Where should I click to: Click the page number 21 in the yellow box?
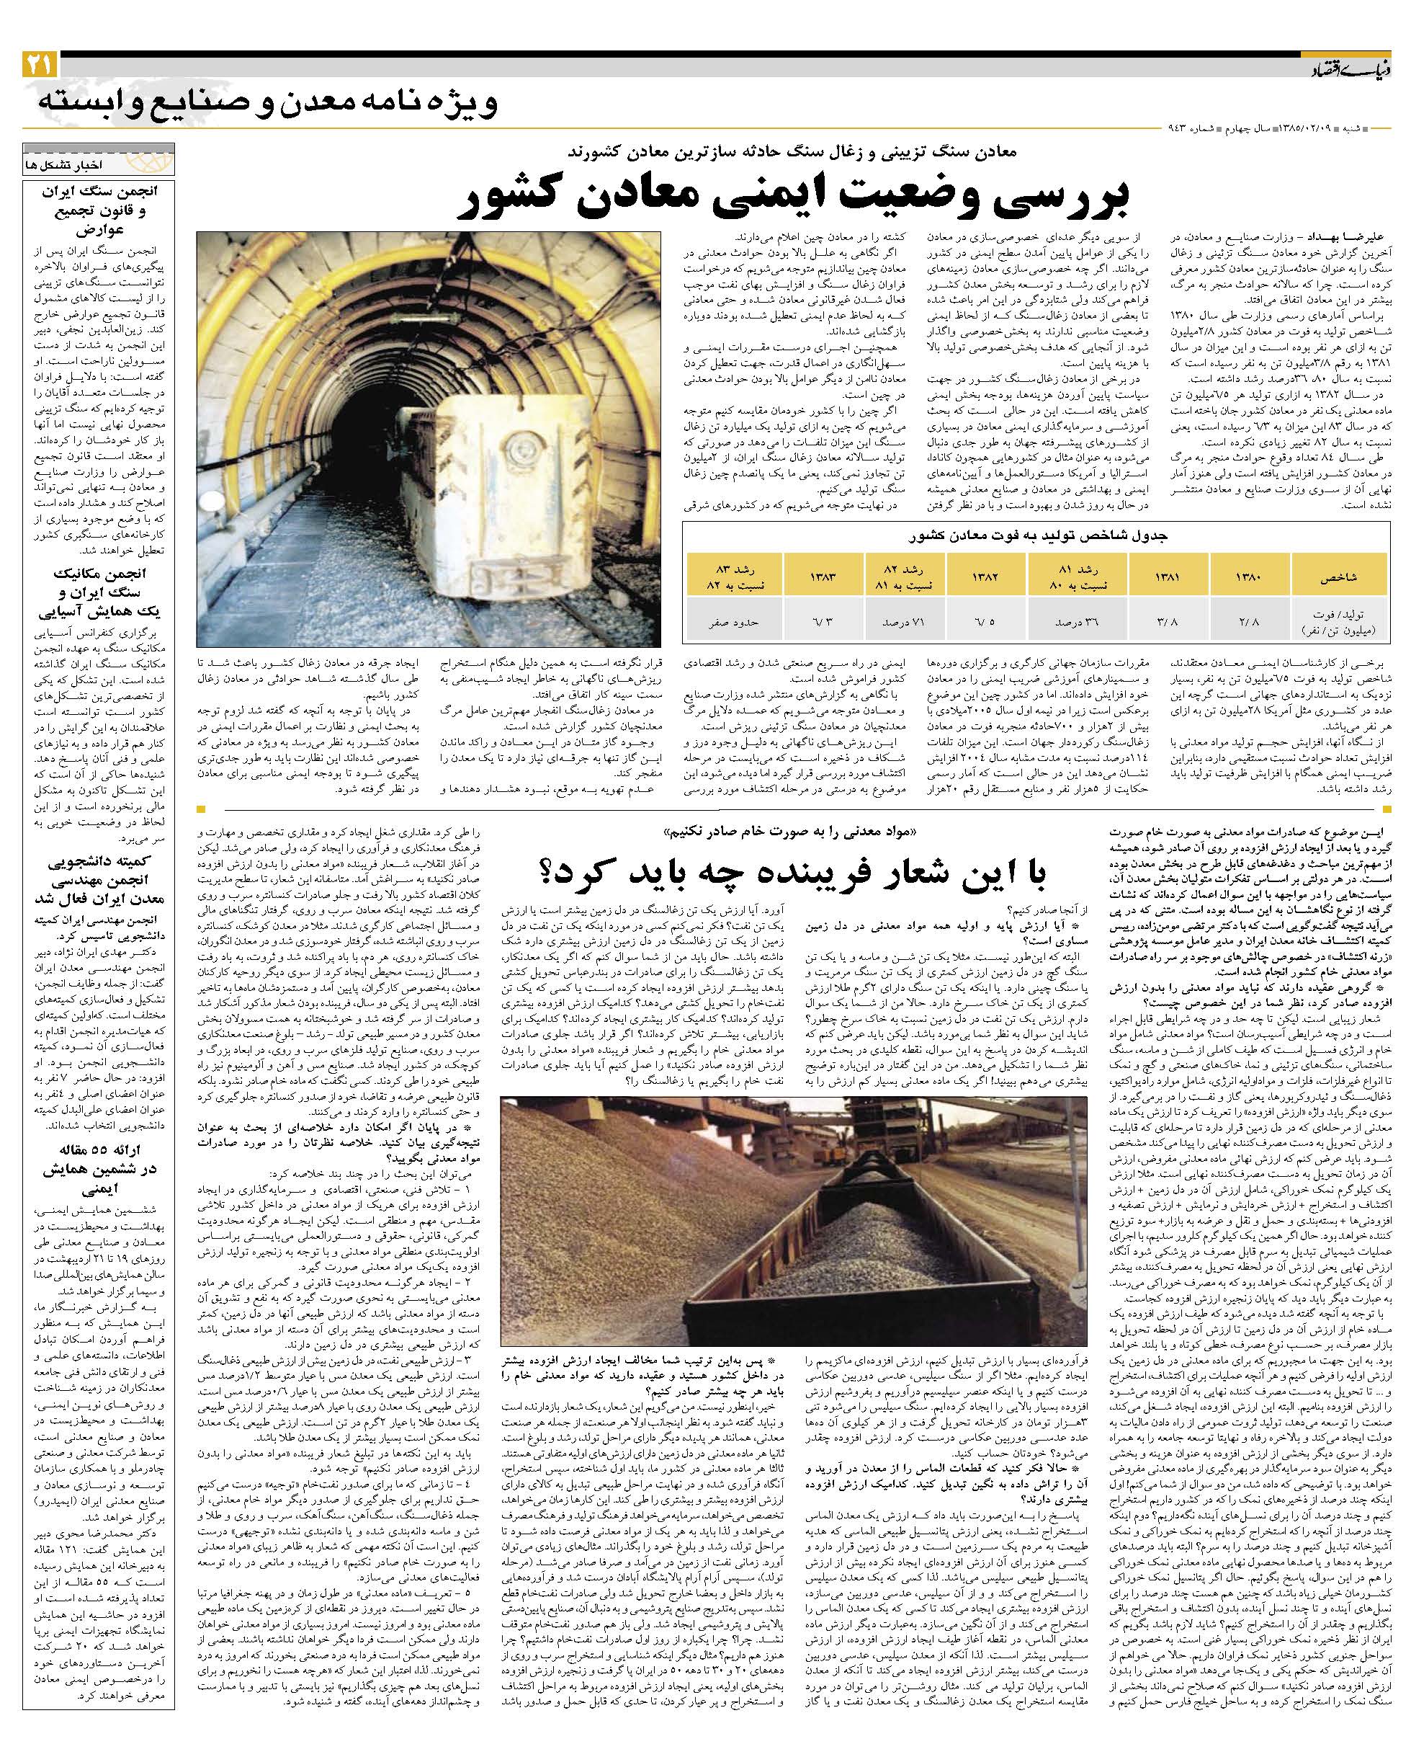[x=38, y=63]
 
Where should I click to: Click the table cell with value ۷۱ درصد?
[x=905, y=621]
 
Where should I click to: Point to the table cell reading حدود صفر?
[x=734, y=621]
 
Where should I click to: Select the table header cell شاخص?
[x=1339, y=577]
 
